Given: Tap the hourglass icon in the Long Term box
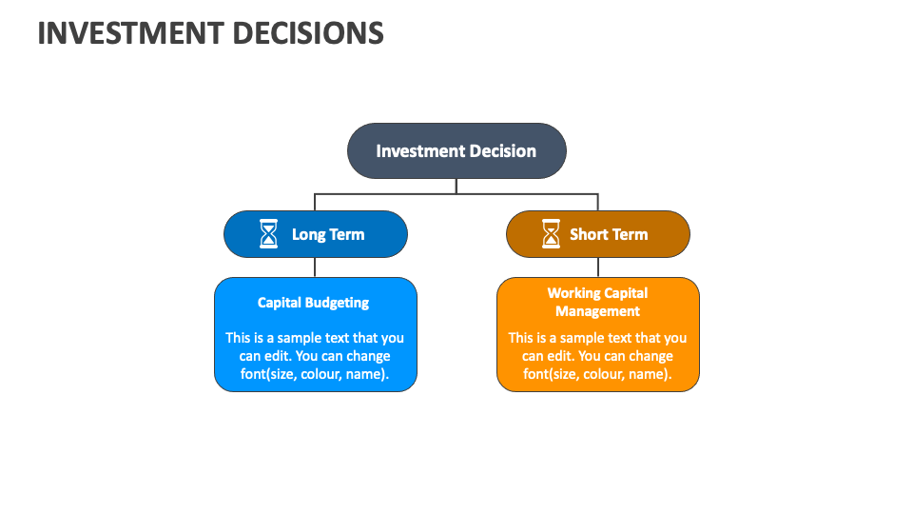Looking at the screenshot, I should [269, 234].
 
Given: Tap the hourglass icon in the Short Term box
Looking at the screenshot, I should [551, 234].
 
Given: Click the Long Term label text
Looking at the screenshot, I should [328, 234].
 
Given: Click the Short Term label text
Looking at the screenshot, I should [609, 234].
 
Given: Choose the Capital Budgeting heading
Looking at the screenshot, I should [314, 303].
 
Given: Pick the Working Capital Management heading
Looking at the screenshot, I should [597, 302].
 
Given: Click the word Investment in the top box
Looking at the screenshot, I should [415, 150].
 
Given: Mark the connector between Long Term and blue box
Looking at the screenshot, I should [315, 267].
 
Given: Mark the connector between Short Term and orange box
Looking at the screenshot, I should [598, 267].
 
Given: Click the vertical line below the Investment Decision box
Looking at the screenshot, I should [456, 186].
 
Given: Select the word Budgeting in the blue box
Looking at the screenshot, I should [338, 303].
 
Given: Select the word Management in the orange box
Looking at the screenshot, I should [597, 311].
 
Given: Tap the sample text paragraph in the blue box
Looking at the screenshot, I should [315, 356].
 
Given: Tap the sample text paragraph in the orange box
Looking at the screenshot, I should [597, 356].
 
